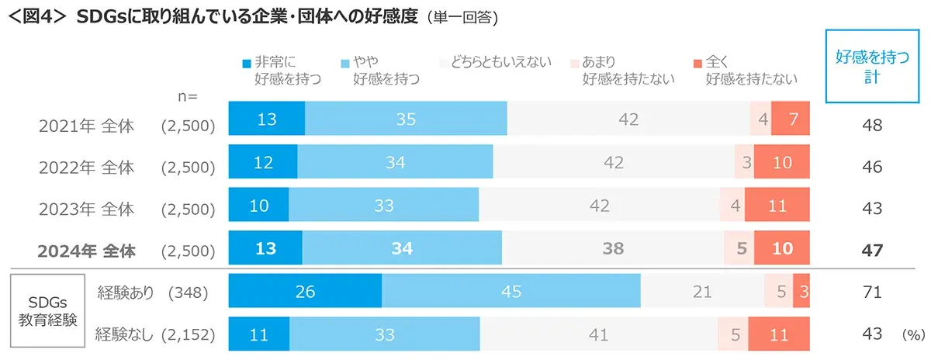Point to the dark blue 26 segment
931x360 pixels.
tap(305, 292)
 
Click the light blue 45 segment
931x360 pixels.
tap(511, 292)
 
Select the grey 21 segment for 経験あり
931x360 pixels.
tap(702, 292)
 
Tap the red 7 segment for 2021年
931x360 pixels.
tap(791, 119)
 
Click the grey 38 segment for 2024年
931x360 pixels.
tap(613, 249)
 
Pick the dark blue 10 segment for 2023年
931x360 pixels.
tap(259, 206)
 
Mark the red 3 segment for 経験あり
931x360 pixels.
tap(801, 292)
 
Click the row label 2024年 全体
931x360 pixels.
tap(87, 250)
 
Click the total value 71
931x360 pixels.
tap(872, 292)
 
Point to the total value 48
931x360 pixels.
tap(872, 123)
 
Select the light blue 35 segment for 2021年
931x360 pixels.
tap(406, 119)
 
